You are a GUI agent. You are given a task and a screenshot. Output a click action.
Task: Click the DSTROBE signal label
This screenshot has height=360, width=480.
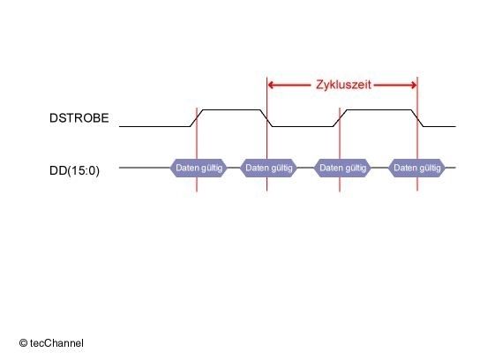click(79, 118)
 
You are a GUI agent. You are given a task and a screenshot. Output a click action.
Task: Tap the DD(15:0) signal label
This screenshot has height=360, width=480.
click(74, 170)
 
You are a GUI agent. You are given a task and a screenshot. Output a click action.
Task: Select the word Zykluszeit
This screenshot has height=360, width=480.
click(343, 85)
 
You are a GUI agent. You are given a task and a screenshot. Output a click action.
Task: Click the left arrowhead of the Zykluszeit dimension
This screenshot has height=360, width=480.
click(271, 85)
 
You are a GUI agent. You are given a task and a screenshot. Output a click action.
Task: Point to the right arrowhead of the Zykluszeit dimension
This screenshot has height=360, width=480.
click(413, 85)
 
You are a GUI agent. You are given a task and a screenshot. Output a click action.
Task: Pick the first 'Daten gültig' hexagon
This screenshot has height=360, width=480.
click(199, 168)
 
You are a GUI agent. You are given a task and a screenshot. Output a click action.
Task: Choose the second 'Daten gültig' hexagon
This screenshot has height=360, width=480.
click(269, 168)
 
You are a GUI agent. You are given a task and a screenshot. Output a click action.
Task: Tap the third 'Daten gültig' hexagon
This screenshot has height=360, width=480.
click(342, 168)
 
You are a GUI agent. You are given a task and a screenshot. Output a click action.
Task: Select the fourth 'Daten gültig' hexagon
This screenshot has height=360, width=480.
click(417, 168)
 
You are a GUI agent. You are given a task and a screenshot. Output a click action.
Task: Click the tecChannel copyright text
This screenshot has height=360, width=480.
click(51, 343)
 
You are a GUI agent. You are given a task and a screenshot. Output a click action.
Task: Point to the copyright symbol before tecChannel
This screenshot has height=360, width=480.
click(23, 343)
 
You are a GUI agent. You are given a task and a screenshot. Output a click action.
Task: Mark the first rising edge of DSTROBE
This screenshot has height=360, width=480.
click(197, 118)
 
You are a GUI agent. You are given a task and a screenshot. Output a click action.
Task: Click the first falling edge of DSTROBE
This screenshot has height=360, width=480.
click(266, 118)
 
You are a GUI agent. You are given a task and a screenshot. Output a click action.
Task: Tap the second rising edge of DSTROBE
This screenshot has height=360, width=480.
click(340, 118)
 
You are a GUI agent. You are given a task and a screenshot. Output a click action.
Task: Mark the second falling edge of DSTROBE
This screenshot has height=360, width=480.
click(417, 118)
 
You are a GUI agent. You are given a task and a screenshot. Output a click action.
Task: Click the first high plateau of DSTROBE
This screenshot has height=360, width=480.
click(232, 109)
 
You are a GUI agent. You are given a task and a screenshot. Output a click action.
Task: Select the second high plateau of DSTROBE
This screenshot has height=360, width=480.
click(379, 109)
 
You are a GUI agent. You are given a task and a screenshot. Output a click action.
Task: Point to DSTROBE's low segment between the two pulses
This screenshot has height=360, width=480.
click(303, 126)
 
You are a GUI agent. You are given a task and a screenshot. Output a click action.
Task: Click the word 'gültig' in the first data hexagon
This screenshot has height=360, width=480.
click(212, 168)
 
